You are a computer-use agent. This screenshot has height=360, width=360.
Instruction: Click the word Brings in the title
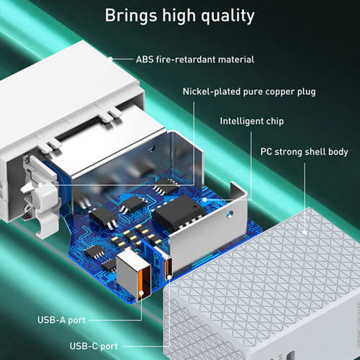point(130,16)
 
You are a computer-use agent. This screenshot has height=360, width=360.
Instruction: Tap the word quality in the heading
point(228,17)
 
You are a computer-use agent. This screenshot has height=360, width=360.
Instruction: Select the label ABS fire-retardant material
point(195,60)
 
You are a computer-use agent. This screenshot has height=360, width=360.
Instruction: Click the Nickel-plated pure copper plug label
point(249,91)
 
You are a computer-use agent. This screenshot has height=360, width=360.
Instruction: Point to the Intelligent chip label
point(252,121)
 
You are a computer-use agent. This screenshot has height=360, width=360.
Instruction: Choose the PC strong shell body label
point(304,152)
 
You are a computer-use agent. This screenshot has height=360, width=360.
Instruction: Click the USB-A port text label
point(61,320)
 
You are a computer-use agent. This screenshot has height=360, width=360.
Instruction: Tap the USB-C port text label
point(94,346)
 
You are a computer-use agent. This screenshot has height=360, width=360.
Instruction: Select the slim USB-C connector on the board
point(168,266)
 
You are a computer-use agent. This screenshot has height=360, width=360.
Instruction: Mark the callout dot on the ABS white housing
point(110,58)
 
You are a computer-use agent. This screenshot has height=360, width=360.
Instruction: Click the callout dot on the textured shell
point(305,233)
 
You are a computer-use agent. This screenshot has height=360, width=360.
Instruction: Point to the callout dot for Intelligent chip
point(204,199)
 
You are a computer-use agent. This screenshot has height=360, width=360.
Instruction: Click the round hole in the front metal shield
point(230,214)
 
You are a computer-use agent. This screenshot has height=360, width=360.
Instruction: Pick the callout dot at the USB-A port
point(141,293)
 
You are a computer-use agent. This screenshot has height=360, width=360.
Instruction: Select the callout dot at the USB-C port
point(169,278)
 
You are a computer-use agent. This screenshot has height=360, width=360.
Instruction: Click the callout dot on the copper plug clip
point(40,185)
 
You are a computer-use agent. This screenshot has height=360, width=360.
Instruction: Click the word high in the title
point(179,16)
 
